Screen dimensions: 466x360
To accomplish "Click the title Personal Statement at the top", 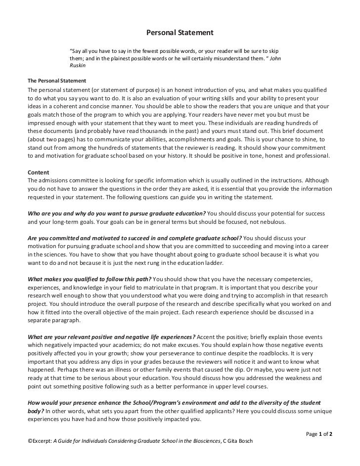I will tap(180, 33).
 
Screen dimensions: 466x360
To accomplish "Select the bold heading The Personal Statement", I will tap(57, 81).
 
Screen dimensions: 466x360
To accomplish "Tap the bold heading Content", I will tap(38, 173).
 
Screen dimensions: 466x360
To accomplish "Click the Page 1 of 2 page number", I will tap(319, 433).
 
